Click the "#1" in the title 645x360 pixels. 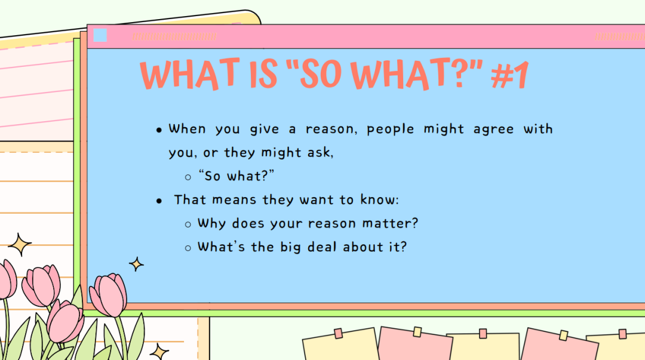(510, 75)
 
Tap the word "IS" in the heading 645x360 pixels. (264, 74)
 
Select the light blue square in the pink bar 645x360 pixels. (100, 35)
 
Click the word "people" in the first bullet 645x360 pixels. (391, 130)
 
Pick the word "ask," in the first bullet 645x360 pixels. (321, 153)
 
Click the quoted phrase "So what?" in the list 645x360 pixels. (236, 176)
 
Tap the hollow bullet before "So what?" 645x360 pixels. (188, 177)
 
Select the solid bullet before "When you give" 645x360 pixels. (159, 130)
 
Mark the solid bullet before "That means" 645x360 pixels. (159, 201)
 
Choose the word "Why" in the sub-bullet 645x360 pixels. (212, 224)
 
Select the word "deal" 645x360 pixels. (322, 247)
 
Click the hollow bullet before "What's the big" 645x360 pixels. (188, 248)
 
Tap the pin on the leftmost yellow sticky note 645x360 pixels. (339, 333)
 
